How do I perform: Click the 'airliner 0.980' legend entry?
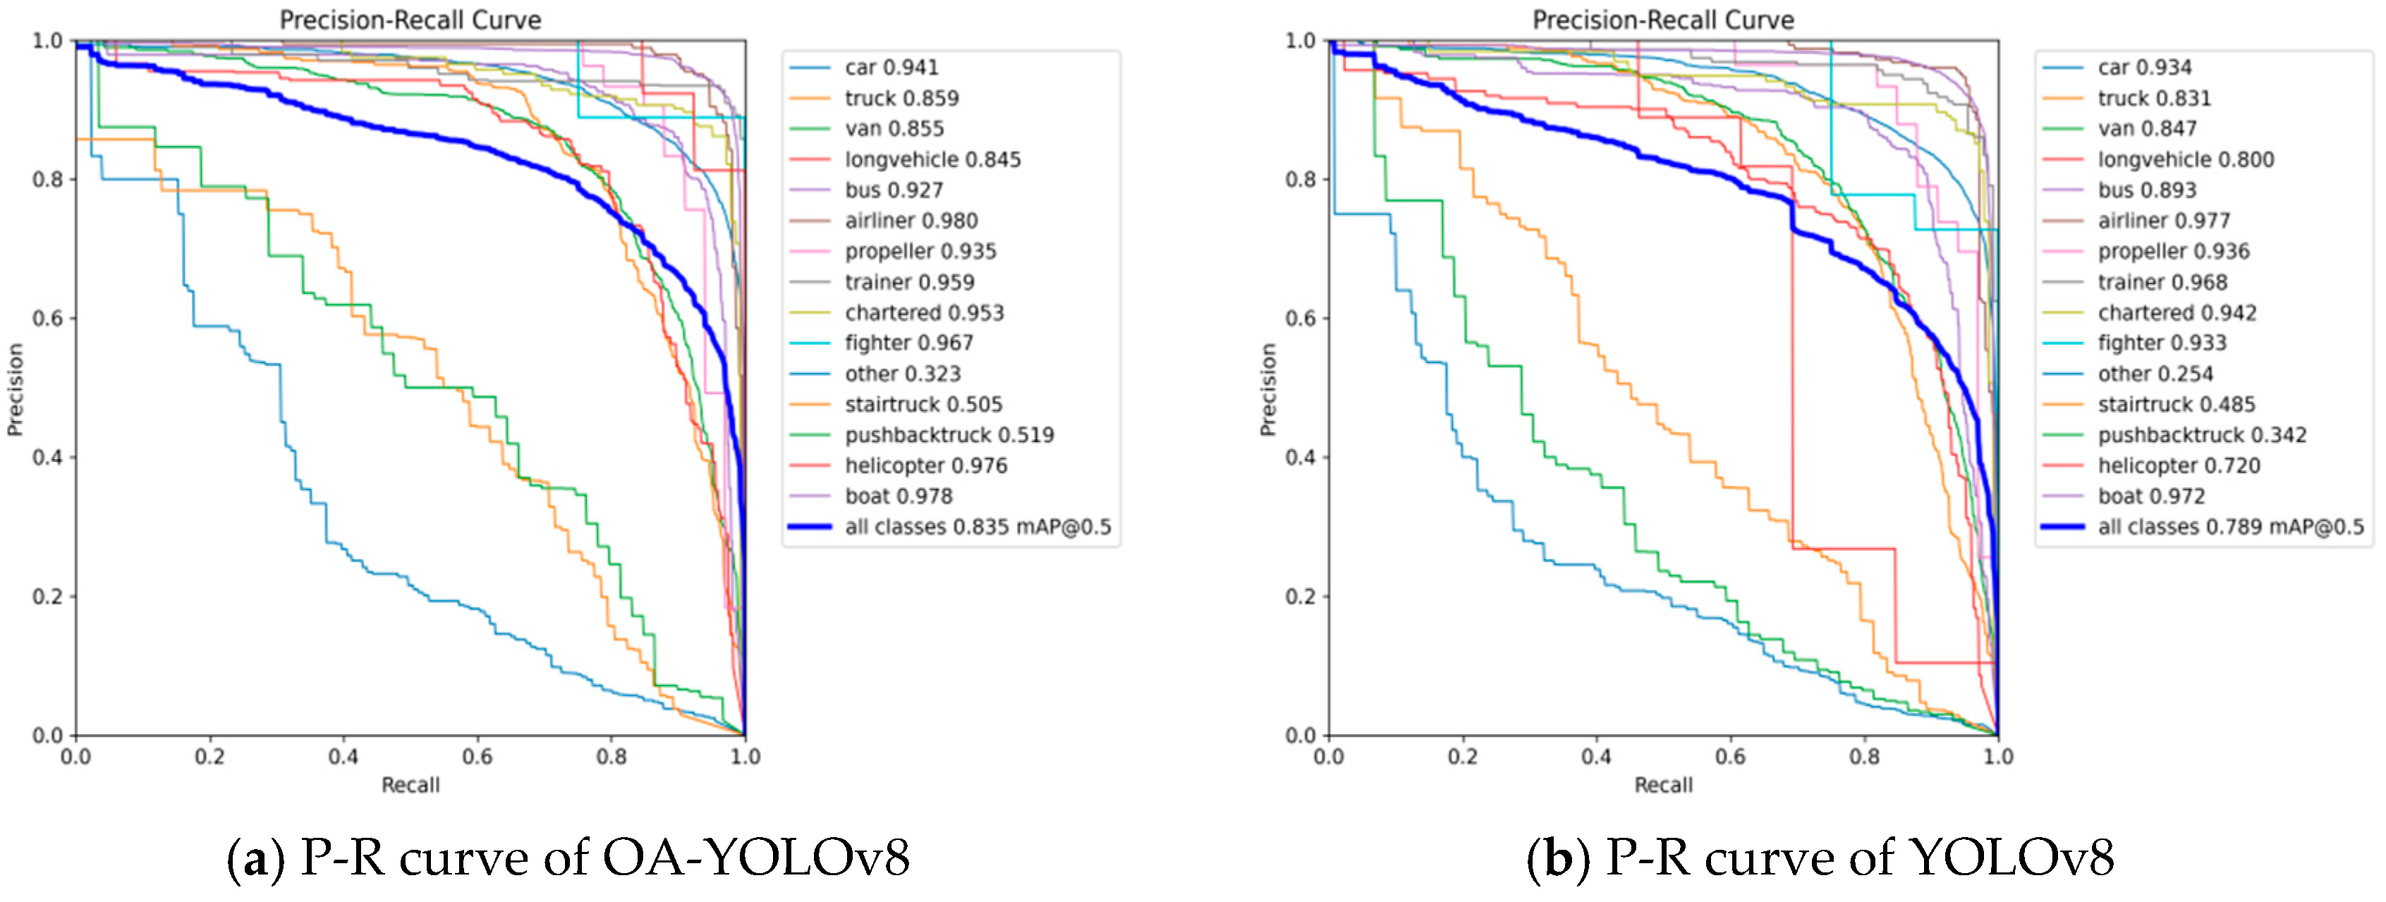click(x=911, y=221)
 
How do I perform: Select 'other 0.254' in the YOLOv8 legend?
click(x=2155, y=374)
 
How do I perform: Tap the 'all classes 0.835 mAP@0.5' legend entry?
click(x=978, y=527)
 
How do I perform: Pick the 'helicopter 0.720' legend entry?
click(x=2179, y=466)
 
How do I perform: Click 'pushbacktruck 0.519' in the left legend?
click(x=949, y=435)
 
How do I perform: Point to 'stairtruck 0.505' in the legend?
click(x=923, y=405)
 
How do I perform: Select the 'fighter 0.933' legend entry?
click(x=2162, y=343)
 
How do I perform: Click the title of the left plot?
click(x=410, y=20)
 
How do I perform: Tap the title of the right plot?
click(x=1662, y=20)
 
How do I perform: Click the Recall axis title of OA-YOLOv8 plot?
click(x=410, y=786)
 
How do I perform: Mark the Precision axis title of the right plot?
click(x=1267, y=389)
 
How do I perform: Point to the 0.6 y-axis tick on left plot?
click(x=47, y=319)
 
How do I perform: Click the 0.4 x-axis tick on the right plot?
click(x=1596, y=757)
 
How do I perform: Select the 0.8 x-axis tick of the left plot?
click(x=611, y=757)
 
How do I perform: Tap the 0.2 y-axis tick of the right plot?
click(x=1301, y=597)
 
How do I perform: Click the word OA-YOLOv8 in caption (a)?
click(x=757, y=858)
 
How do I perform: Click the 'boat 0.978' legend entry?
click(x=898, y=496)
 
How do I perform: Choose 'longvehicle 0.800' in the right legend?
click(x=2185, y=159)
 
